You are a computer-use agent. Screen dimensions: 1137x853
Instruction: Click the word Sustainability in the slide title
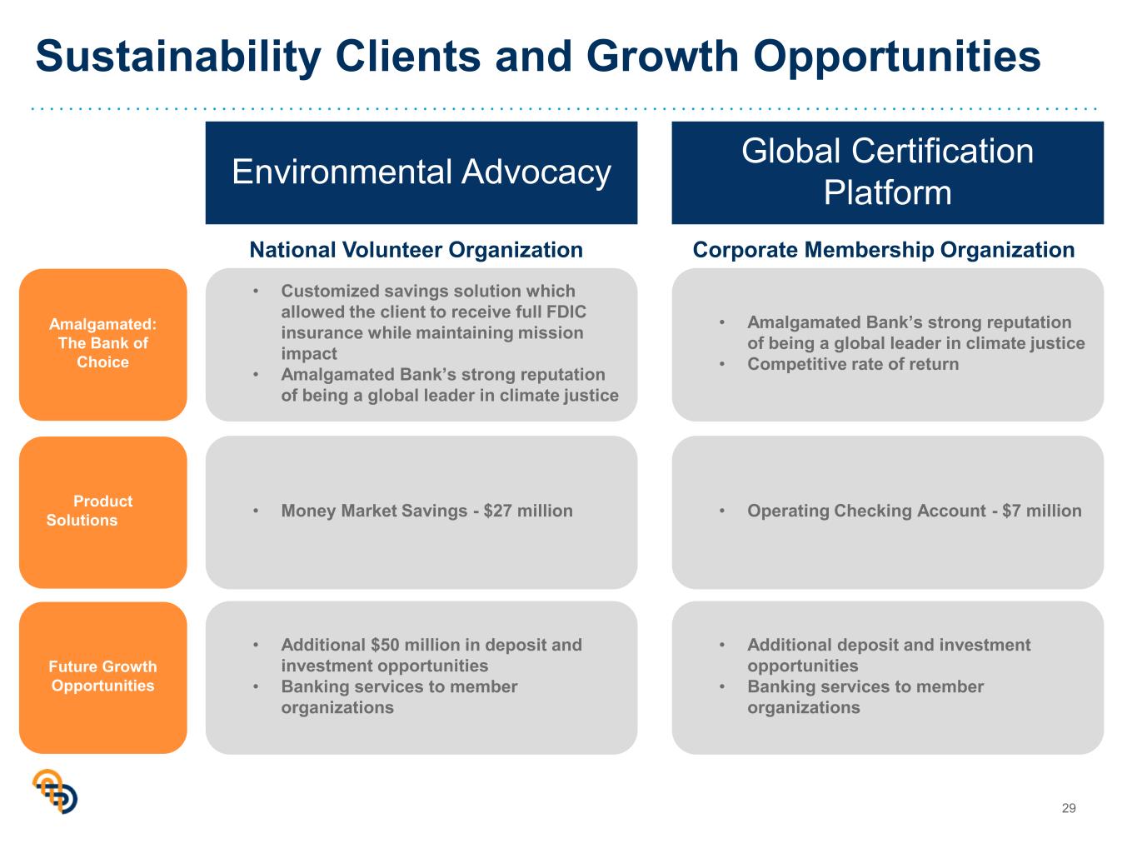179,57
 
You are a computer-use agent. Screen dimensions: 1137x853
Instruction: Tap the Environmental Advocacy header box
421,173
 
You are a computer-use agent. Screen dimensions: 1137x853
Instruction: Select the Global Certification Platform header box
887,173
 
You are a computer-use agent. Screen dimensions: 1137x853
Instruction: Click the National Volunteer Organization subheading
416,250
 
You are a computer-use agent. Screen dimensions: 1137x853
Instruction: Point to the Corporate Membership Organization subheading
884,250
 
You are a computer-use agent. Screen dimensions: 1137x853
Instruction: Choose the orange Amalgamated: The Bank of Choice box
103,344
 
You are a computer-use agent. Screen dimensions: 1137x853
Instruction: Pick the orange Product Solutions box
103,512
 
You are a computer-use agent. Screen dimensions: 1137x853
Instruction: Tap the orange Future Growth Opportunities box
103,677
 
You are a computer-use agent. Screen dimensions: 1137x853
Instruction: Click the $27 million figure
528,511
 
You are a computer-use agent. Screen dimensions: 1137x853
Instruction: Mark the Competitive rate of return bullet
853,364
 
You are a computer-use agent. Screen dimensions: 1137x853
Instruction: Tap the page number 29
1069,808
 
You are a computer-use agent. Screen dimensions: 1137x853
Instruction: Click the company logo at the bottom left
55,791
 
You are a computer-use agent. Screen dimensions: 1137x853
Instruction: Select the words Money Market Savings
374,511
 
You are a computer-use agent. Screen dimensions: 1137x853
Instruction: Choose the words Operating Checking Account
866,511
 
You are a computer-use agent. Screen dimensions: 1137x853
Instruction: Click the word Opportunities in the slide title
896,57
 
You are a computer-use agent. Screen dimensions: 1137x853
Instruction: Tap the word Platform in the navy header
887,192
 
